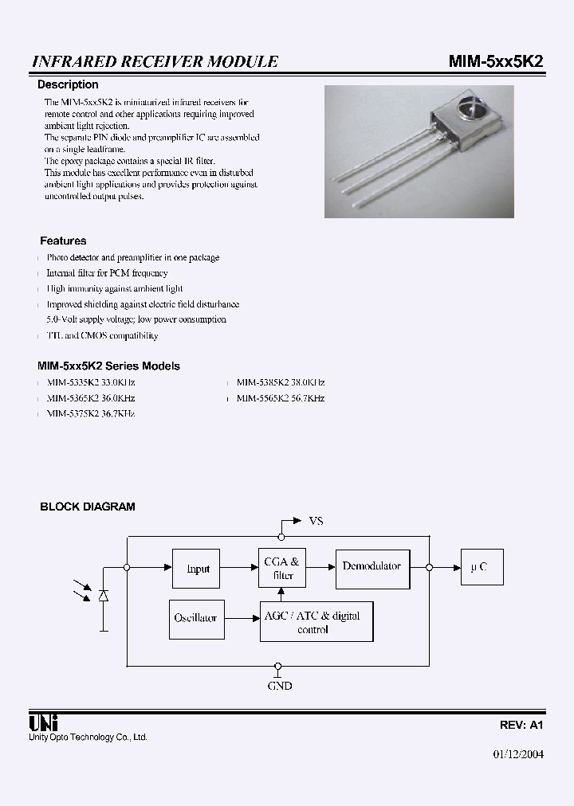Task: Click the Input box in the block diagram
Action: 197,569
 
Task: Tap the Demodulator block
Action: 372,566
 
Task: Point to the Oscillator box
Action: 195,618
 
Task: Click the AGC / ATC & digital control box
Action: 316,622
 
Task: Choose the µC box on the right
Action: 481,567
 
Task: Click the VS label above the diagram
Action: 316,521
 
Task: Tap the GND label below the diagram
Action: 279,684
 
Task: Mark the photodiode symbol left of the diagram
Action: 104,595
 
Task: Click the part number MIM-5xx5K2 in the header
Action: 496,61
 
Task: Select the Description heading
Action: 69,84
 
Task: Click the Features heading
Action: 63,241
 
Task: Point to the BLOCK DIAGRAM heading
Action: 88,507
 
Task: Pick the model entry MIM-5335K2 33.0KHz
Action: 90,382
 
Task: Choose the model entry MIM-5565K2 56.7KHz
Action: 281,397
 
